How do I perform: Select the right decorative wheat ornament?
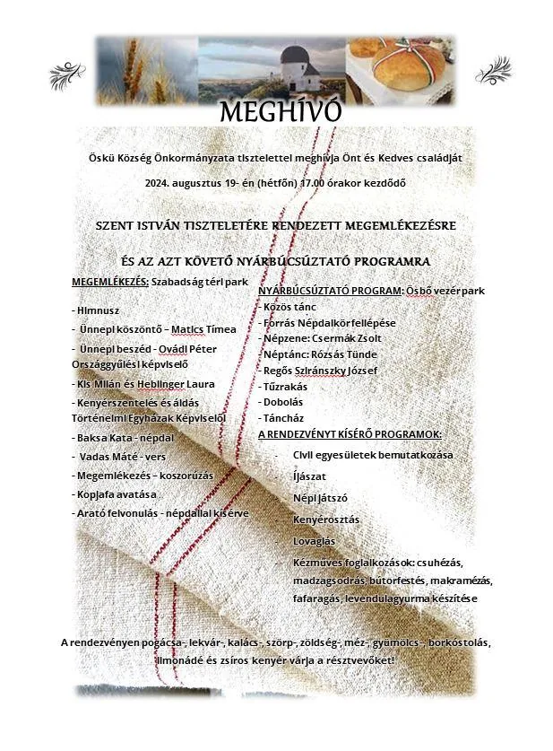coord(492,68)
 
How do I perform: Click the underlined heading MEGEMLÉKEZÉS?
coord(110,282)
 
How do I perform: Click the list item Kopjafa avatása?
coord(117,494)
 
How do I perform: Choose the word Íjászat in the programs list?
coord(309,476)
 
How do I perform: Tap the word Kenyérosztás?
coord(326,519)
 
